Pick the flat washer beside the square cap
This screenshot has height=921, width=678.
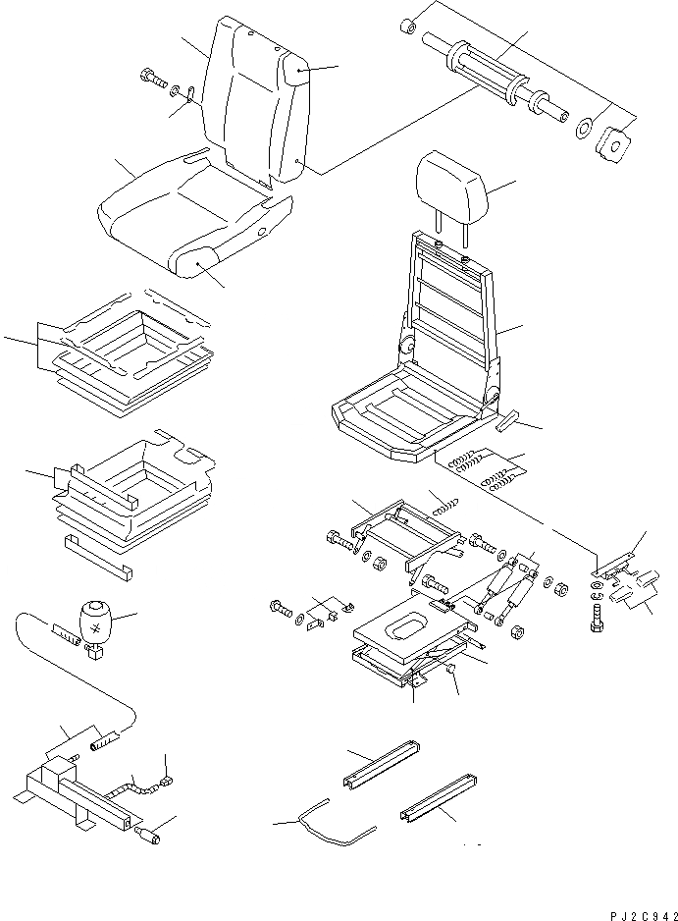click(x=583, y=128)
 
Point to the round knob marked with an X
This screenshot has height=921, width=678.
click(x=99, y=623)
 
